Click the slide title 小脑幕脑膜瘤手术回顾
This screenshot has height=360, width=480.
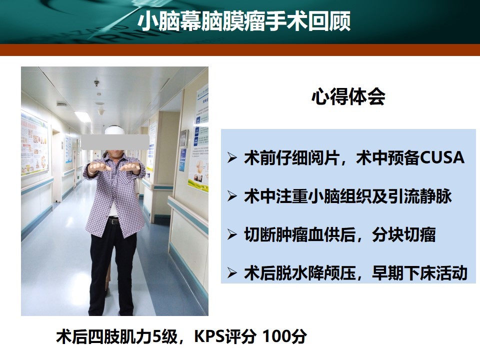tap(244, 21)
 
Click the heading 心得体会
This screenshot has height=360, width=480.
tap(348, 97)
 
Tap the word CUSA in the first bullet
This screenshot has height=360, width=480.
tap(442, 157)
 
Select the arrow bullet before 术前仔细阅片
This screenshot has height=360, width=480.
tap(232, 157)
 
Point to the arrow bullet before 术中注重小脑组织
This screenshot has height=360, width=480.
tap(232, 196)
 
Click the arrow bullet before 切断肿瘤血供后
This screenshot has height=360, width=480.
tap(232, 235)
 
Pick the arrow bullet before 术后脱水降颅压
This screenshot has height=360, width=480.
tap(232, 273)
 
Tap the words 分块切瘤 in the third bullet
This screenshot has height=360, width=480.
tap(404, 235)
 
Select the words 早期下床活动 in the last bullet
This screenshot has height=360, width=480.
tap(419, 273)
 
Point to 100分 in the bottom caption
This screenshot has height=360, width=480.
tap(284, 336)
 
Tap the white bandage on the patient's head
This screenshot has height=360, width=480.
tap(115, 130)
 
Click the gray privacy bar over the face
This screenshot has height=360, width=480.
tap(115, 142)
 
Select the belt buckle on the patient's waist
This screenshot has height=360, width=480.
tap(114, 221)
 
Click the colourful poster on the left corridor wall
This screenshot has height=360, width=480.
tap(34, 144)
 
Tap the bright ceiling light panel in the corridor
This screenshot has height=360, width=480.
tap(83, 116)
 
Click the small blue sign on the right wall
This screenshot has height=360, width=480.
tap(182, 160)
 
